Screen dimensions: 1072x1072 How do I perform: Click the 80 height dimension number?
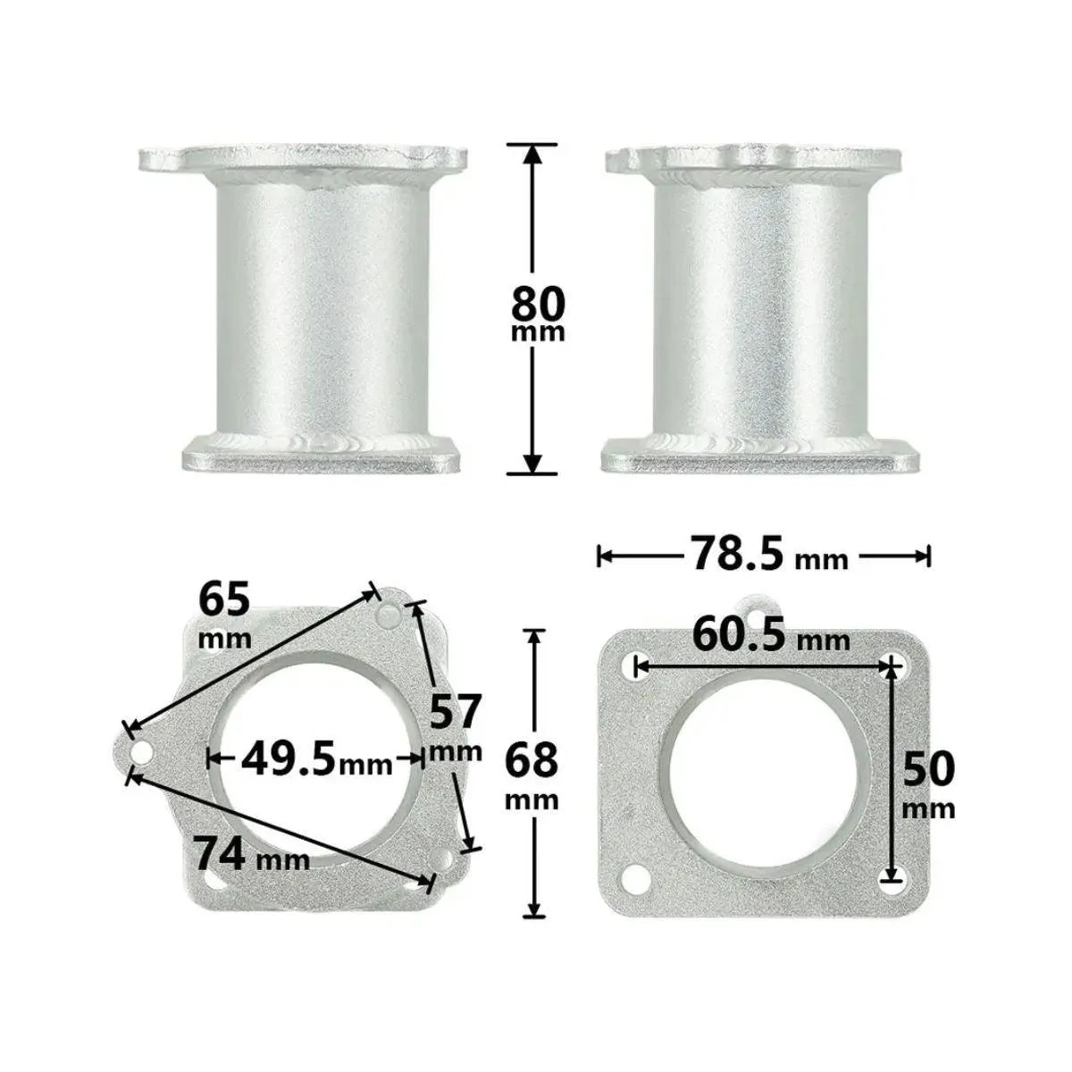538,303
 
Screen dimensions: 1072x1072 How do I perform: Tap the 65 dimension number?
224,600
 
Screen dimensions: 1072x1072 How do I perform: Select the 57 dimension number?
454,711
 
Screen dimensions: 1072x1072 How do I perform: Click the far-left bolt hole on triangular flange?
141,754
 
